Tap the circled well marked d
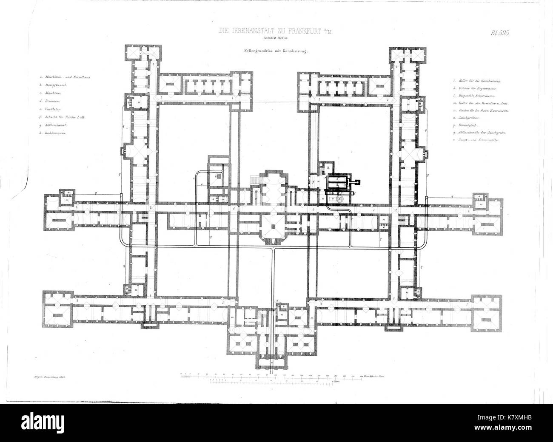click(339, 199)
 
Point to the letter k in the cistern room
click(217, 176)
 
